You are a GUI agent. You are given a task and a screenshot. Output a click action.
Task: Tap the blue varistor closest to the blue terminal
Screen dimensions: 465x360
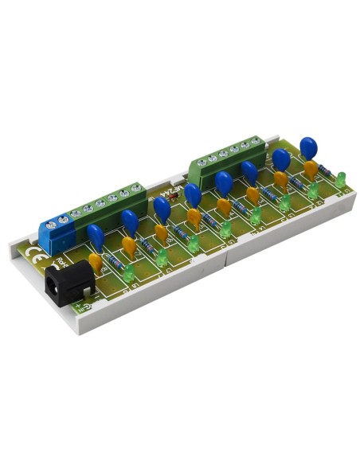pyautogui.click(x=96, y=236)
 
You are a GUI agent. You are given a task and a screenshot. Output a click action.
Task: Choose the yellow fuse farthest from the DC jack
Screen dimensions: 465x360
pyautogui.click(x=309, y=169)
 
